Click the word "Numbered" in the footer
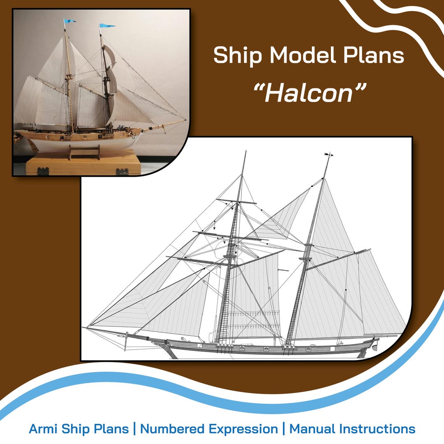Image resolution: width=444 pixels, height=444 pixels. tap(173, 429)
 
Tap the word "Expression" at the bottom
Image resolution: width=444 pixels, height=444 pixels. tap(243, 429)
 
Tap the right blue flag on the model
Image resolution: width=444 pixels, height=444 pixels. tap(107, 26)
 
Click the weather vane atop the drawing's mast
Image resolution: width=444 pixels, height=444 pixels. tap(328, 155)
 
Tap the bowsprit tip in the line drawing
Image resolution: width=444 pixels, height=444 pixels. tap(84, 328)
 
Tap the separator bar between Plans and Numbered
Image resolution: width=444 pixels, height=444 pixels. tap(134, 429)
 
